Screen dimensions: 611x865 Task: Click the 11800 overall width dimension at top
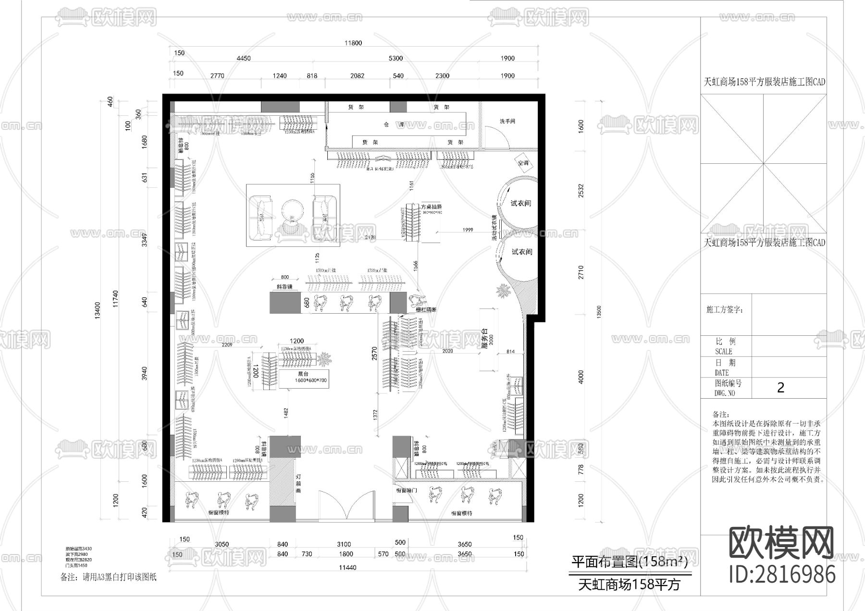pyautogui.click(x=353, y=43)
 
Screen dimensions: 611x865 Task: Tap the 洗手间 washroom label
pyautogui.click(x=507, y=122)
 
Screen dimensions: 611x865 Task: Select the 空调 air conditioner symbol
pyautogui.click(x=523, y=163)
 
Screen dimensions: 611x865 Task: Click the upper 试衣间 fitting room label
pyautogui.click(x=521, y=203)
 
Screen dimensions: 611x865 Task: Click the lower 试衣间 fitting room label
pyautogui.click(x=522, y=252)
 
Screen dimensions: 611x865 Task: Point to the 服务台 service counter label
pyautogui.click(x=484, y=338)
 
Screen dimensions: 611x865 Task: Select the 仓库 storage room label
pyautogui.click(x=394, y=124)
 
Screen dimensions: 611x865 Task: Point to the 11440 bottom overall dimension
pyautogui.click(x=348, y=567)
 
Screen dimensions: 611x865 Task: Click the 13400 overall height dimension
pyautogui.click(x=98, y=310)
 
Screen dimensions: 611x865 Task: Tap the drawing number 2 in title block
pyautogui.click(x=780, y=388)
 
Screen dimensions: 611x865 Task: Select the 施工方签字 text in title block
pyautogui.click(x=724, y=310)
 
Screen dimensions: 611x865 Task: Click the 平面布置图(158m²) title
pyautogui.click(x=629, y=561)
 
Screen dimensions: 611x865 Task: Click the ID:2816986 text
pyautogui.click(x=782, y=574)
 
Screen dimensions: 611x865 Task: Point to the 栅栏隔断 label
pyautogui.click(x=426, y=310)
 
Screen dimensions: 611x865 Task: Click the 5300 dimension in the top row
pyautogui.click(x=395, y=59)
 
